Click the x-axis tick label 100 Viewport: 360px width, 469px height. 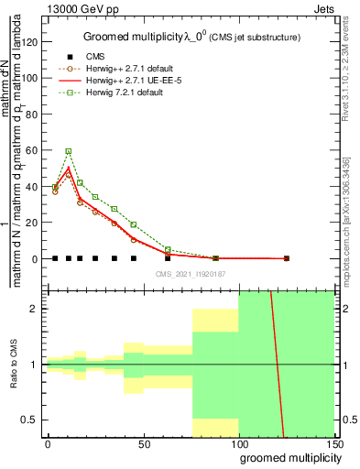click(x=239, y=443)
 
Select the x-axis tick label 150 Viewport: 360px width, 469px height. click(x=335, y=443)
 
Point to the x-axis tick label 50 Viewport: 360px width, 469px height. click(x=145, y=443)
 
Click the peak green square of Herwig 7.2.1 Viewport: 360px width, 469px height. click(x=68, y=150)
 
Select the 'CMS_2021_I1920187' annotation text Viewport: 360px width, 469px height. click(x=191, y=274)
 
